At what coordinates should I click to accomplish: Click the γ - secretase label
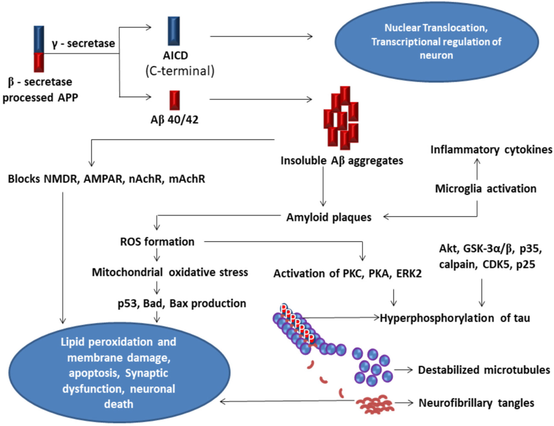(x=83, y=43)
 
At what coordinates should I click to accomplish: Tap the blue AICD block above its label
(x=174, y=31)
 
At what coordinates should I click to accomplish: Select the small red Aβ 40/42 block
(x=175, y=100)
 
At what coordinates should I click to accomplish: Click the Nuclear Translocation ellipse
(x=437, y=42)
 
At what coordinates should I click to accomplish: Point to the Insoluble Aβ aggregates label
(x=342, y=161)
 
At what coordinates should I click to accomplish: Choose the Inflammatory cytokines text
(x=491, y=150)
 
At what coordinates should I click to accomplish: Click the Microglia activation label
(x=486, y=189)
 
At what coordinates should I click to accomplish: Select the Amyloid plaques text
(x=329, y=217)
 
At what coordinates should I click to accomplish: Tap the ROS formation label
(x=157, y=242)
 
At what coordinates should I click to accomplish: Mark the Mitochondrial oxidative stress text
(x=170, y=272)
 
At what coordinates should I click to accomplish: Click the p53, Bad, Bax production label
(x=182, y=304)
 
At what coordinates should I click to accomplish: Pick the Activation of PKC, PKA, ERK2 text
(x=347, y=274)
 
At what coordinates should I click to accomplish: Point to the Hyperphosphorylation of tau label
(x=455, y=318)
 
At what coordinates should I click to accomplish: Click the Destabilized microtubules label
(x=484, y=370)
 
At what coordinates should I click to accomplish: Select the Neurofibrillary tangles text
(x=476, y=403)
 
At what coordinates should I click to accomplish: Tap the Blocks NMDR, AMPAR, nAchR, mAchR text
(x=107, y=179)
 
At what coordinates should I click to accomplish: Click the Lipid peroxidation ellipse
(x=119, y=372)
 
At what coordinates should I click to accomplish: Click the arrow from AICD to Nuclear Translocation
(x=261, y=36)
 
